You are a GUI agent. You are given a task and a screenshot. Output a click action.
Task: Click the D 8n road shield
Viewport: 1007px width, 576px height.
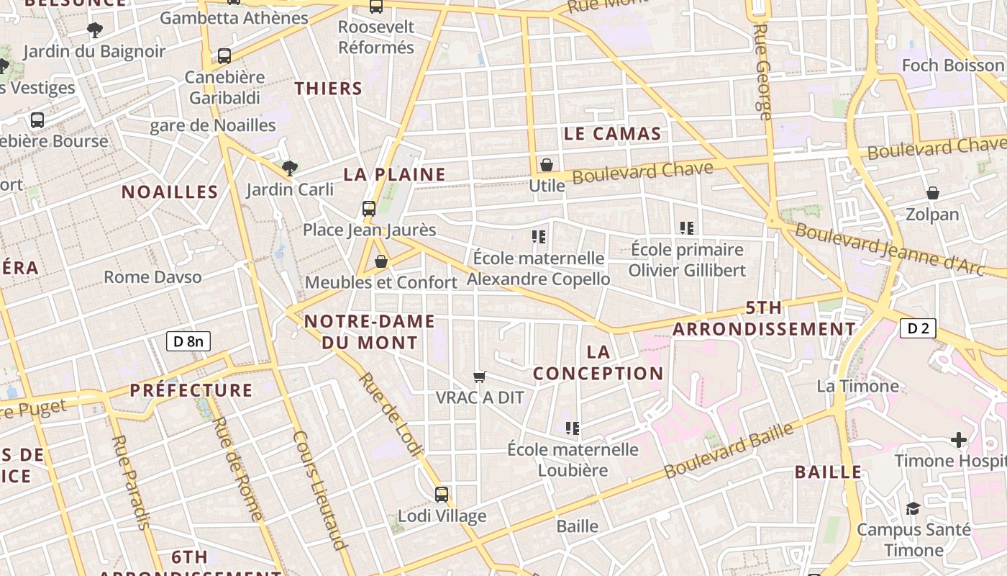point(188,341)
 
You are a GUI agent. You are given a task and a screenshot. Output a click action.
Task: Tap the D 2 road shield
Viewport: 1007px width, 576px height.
point(918,329)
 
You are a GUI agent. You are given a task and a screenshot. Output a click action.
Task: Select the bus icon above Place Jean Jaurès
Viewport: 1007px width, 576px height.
point(369,209)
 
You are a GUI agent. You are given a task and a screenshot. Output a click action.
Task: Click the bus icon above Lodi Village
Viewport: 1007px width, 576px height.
point(442,495)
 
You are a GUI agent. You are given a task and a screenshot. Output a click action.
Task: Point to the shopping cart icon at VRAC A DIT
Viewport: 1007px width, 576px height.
point(480,377)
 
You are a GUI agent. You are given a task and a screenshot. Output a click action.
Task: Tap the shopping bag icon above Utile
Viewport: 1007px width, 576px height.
point(547,165)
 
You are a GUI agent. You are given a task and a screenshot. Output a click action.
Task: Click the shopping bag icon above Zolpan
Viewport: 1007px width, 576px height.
point(933,193)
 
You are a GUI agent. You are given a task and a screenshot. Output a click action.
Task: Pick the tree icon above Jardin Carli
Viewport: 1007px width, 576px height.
point(290,168)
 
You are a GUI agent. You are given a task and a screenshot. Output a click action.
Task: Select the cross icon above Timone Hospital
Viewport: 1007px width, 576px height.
point(959,439)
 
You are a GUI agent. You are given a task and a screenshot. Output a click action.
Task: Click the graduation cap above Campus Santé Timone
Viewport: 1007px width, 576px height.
point(913,508)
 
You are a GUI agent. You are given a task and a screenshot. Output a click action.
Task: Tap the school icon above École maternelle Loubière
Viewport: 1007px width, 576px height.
point(573,428)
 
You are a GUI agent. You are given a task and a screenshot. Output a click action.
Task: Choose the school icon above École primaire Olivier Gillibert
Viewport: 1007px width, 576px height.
point(687,228)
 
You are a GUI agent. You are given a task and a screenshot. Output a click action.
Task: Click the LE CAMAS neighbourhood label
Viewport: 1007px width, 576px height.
point(612,133)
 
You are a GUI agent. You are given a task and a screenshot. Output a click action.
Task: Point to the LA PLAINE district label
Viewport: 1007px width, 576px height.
point(394,174)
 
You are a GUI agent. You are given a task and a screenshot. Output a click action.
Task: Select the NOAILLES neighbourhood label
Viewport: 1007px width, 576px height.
point(170,192)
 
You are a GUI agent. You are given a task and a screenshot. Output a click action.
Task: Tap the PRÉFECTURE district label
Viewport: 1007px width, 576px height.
point(191,390)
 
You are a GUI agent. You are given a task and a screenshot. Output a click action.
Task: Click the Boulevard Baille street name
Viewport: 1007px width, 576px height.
point(729,450)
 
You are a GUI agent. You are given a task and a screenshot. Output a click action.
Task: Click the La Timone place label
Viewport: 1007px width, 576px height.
point(857,386)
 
